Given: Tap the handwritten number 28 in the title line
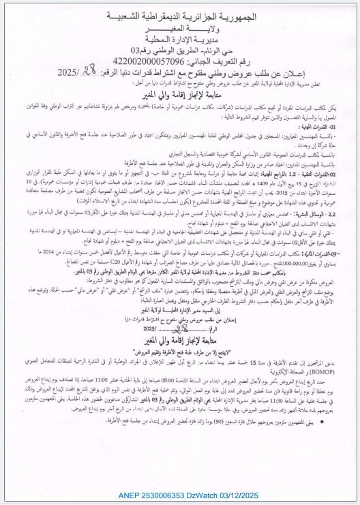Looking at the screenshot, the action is (184, 71).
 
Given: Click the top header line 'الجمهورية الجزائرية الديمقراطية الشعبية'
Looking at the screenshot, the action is (182, 14).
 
